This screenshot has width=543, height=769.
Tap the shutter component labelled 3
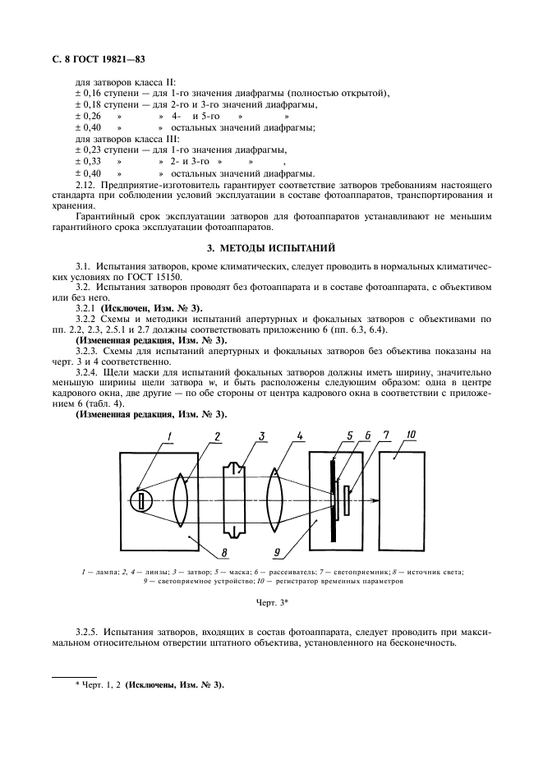point(233,500)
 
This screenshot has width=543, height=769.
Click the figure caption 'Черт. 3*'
point(270,604)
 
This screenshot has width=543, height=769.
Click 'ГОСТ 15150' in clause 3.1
point(179,279)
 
